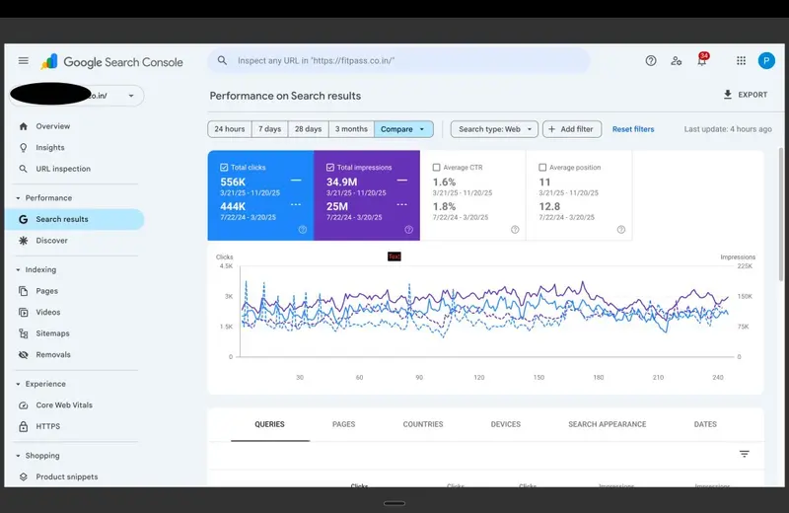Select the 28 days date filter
[307, 129]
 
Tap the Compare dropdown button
[403, 129]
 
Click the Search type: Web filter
[494, 129]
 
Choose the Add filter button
[571, 129]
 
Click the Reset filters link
[633, 129]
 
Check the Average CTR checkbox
[437, 168]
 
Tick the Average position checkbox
[543, 168]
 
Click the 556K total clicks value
[234, 183]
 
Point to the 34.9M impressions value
[343, 183]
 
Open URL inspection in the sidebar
[63, 169]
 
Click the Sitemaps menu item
[53, 333]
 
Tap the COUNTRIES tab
[423, 424]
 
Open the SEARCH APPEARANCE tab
[607, 424]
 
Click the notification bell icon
[702, 61]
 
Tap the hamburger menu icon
[24, 61]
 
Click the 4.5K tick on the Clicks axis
[225, 265]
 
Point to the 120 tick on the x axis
[479, 377]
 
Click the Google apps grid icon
[741, 61]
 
